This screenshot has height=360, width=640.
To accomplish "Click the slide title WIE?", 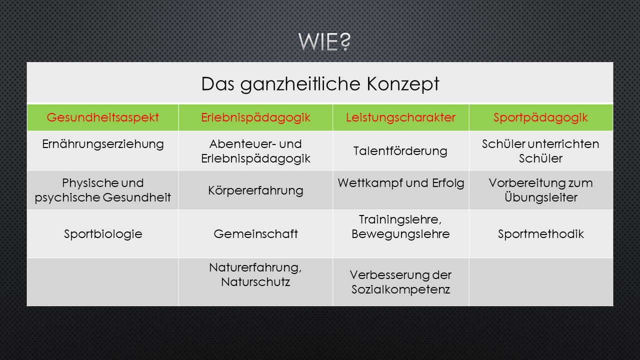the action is point(324,41).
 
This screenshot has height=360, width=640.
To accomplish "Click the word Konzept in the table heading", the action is point(403,84).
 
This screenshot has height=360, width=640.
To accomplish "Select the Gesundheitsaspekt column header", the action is point(103,117).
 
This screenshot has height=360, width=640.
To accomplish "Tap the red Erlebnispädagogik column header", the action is point(255,117).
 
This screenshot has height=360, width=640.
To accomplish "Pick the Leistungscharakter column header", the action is point(400,117).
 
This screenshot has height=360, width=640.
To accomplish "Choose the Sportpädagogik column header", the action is point(540,117).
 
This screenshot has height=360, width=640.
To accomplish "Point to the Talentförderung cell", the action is point(400,151).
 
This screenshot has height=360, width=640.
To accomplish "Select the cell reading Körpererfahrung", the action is point(255,190).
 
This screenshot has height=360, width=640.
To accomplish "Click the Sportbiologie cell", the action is point(103,234).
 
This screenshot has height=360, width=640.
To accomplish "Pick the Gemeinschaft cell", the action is point(255,234).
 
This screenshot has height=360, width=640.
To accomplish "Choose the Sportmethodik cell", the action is point(540,234).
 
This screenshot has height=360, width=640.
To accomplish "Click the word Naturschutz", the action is point(255,282).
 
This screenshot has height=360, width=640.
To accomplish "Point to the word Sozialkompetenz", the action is point(400,289).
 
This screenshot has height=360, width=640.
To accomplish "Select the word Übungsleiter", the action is point(541,197).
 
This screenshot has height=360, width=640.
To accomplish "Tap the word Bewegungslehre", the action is point(400,234).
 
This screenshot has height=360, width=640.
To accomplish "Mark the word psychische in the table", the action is point(67,197).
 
